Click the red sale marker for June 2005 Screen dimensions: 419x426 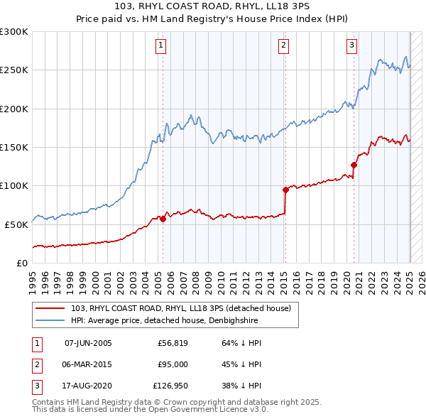[163, 219]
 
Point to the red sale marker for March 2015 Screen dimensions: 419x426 [285, 190]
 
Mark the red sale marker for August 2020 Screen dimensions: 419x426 [354, 165]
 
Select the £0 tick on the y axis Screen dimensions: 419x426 [21, 263]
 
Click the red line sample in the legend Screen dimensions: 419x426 [50, 309]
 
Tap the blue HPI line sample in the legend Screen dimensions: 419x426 [50, 320]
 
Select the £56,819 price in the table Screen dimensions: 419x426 [172, 343]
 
